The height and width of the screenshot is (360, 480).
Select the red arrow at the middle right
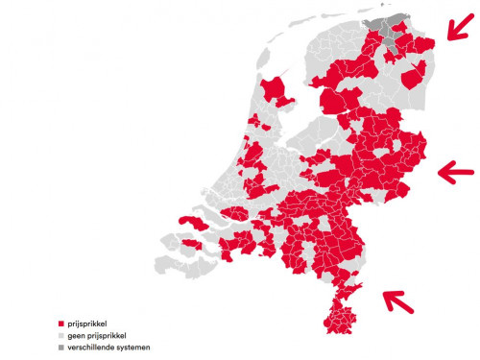tap(456, 172)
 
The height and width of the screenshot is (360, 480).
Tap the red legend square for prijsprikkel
tap(60, 323)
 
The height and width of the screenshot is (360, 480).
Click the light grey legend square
tap(60, 335)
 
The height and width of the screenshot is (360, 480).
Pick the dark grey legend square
tap(60, 347)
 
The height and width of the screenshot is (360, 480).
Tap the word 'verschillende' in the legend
tap(93, 347)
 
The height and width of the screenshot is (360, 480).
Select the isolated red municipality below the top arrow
tap(414, 76)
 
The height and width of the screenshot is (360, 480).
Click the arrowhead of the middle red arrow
tap(442, 172)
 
